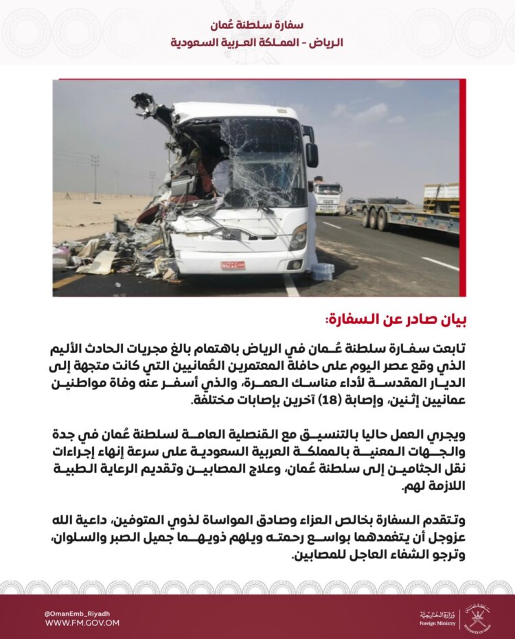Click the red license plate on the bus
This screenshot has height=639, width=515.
233,265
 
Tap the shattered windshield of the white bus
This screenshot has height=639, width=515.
262,162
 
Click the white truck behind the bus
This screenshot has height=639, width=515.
328,196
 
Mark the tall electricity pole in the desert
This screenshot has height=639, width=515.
95,176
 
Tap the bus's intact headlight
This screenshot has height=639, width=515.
298,237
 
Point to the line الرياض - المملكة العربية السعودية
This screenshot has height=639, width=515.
257,43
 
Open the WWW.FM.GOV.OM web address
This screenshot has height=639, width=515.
82,623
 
